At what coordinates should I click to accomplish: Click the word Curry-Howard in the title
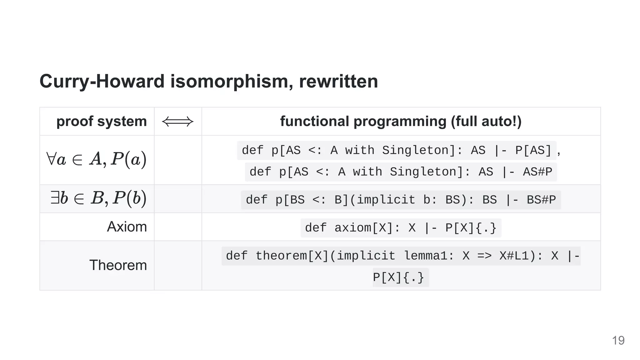102,81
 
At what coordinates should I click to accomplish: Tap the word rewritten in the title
338,81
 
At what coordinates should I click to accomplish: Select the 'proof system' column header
102,121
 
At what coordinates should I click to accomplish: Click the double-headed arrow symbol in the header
178,122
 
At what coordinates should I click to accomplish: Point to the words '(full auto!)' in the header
486,121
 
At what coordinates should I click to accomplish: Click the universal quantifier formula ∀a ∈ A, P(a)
96,159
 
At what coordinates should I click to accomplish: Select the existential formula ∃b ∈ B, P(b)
98,198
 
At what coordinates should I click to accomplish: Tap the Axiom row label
127,227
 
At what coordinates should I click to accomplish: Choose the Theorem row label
118,265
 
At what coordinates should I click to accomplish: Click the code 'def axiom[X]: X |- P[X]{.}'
401,228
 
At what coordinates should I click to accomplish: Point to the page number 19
618,340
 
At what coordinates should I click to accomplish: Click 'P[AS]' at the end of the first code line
533,150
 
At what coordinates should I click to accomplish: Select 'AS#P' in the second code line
537,172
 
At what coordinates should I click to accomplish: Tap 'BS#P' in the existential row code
541,200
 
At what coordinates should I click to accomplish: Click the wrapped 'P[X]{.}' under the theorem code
398,277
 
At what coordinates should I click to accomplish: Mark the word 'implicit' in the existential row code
386,200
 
